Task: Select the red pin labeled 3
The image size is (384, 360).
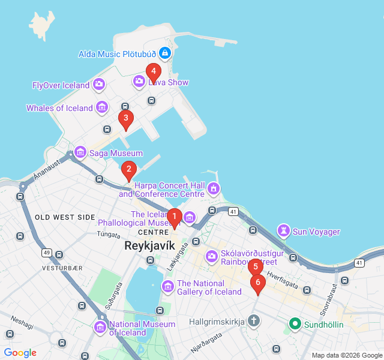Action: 125,119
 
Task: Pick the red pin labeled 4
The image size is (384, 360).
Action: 153,72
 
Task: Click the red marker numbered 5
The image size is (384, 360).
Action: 256,267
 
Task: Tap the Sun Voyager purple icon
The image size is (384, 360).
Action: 283,231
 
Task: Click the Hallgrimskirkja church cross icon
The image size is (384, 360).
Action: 253,321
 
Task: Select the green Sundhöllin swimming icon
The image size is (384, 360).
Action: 295,325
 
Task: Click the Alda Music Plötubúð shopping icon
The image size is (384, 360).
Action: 166,54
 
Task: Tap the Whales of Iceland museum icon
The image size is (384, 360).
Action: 102,108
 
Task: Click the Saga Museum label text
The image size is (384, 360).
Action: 116,154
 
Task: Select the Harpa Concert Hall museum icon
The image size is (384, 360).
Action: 213,190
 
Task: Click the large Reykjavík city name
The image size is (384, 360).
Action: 149,246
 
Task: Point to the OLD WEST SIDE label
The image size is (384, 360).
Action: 65,217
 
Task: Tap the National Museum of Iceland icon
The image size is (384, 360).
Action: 100,328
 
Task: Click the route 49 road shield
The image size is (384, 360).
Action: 46,253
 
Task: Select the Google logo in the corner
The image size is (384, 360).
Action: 20,353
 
